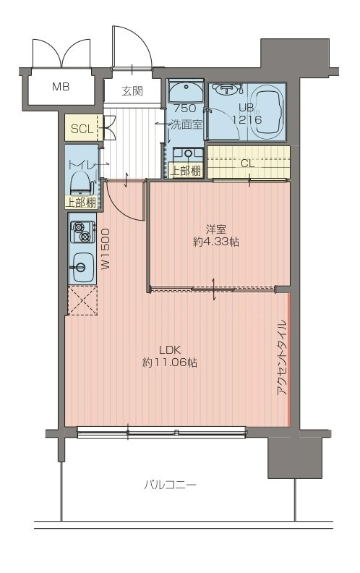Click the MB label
(x=61, y=87)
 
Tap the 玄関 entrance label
(x=132, y=91)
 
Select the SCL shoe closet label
(x=82, y=129)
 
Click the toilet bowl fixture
(x=81, y=183)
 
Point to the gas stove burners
(x=82, y=232)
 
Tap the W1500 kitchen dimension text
(x=105, y=249)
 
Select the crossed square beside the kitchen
(x=83, y=300)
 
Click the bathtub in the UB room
(x=269, y=114)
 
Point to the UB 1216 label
(x=247, y=114)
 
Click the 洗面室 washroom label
(x=187, y=124)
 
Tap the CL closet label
(x=247, y=164)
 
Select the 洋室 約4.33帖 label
(x=215, y=235)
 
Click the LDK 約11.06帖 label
(x=170, y=356)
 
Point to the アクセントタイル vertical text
(x=282, y=358)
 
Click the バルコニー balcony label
(x=170, y=485)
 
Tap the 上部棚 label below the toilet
(x=81, y=202)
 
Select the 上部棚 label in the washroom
(x=187, y=171)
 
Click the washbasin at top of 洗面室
(x=187, y=91)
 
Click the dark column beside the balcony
(x=295, y=457)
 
